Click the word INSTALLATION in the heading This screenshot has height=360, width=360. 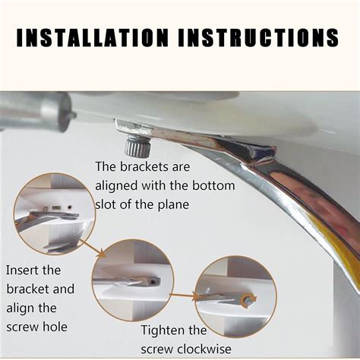(92, 37)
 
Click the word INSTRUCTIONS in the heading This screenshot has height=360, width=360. (258, 37)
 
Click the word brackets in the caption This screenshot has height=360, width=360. (144, 166)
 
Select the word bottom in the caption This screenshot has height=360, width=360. (213, 185)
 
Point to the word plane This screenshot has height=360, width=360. (173, 205)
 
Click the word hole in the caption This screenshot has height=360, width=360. (55, 327)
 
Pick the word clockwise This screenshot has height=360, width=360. (204, 349)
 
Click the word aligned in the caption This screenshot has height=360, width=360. (116, 186)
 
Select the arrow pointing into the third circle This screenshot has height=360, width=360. (183, 295)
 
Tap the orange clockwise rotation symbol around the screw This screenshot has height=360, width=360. (249, 300)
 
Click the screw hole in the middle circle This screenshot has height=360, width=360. (152, 281)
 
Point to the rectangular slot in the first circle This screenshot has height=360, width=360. (56, 208)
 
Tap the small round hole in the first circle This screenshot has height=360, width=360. (70, 207)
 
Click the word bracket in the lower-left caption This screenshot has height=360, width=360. (28, 289)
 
